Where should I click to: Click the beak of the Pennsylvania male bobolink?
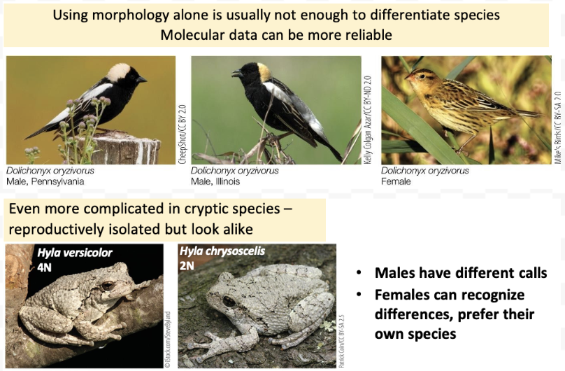pyautogui.click(x=142, y=80)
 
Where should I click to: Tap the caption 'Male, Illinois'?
pyautogui.click(x=215, y=181)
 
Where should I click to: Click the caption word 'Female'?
pyautogui.click(x=396, y=181)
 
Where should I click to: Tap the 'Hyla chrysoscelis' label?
pyautogui.click(x=222, y=250)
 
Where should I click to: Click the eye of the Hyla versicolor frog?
pyautogui.click(x=107, y=286)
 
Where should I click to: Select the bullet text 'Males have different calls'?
pyautogui.click(x=460, y=273)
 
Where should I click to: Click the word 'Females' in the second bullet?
pyautogui.click(x=403, y=295)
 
